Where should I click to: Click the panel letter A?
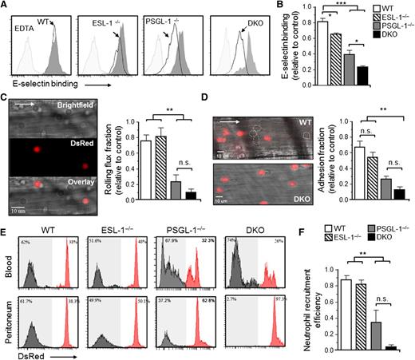click(6, 6)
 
